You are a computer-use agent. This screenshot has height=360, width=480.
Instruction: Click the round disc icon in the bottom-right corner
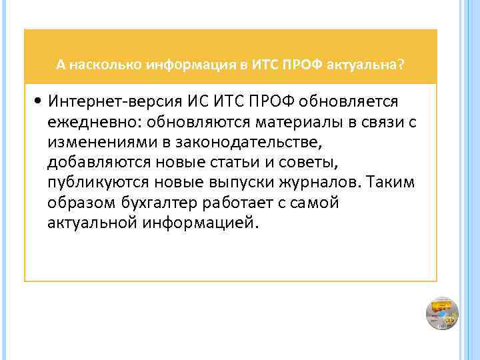(x=441, y=313)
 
